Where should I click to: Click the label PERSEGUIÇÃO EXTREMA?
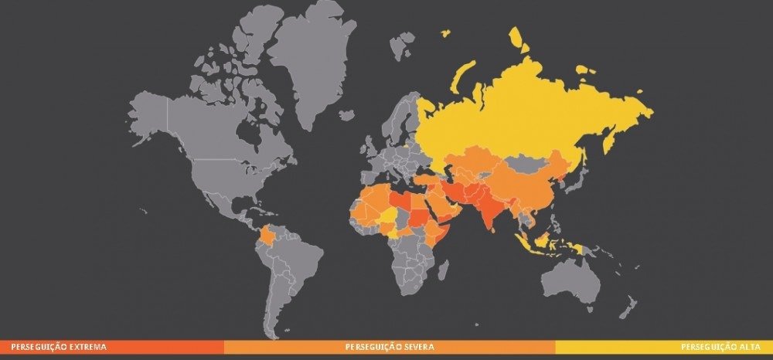(53, 347)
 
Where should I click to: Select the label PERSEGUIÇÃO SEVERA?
(389, 347)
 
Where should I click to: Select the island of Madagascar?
(444, 270)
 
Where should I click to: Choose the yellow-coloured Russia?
(526, 108)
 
